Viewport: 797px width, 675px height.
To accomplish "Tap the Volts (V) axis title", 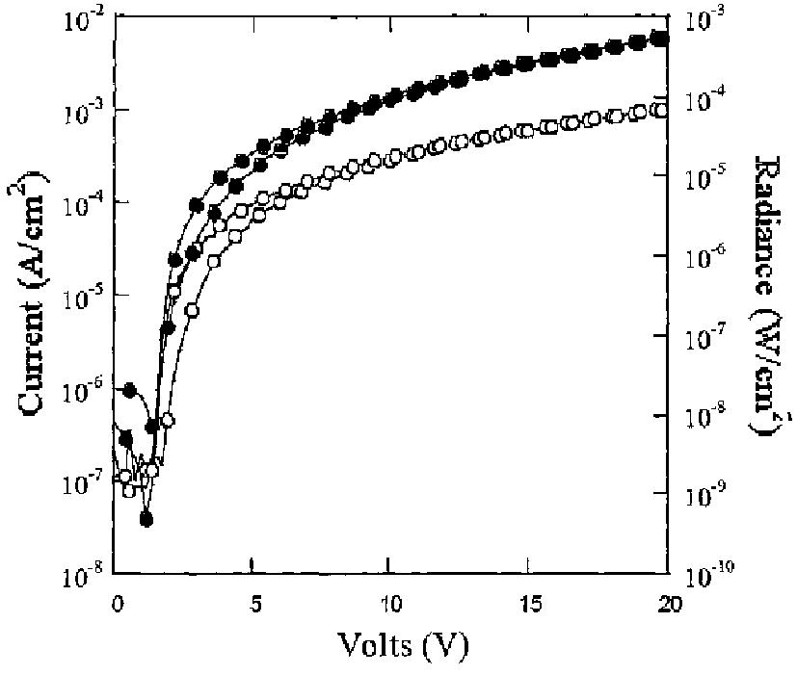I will coord(390,642).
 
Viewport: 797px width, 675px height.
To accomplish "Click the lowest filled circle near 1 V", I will coord(146,519).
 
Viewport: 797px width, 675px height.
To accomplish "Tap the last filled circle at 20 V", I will coord(661,39).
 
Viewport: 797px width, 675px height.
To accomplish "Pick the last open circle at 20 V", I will coord(660,109).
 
